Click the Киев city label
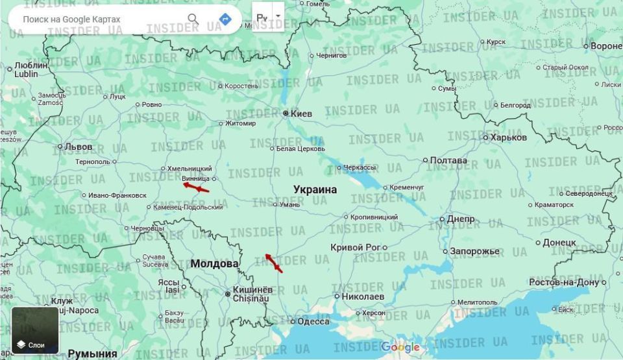point(301,114)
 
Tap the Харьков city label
point(509,138)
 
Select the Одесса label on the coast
point(313,321)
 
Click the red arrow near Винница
point(196,187)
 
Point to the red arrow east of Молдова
point(274,263)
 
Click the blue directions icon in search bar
point(225,19)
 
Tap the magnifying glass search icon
point(193,19)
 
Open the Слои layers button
point(35,331)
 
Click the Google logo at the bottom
point(400,347)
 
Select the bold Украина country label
point(315,189)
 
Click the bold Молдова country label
point(214,264)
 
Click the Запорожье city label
point(476,251)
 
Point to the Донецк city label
point(559,243)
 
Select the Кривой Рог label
point(355,247)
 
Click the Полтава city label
point(448,160)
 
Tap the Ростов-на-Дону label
point(563,282)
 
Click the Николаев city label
point(363,296)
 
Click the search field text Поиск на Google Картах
point(71,19)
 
